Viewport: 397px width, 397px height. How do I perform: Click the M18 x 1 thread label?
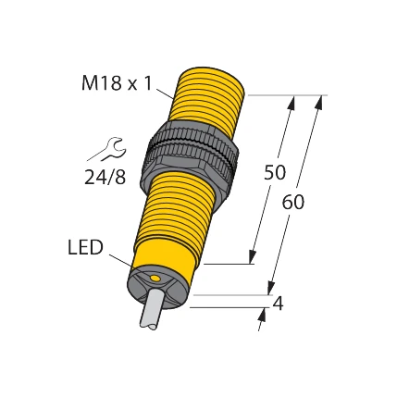116,83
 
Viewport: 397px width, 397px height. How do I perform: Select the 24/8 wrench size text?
105,177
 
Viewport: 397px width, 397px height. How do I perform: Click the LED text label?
85,247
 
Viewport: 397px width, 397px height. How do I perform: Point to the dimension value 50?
275,172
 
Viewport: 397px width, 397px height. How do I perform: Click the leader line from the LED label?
120,259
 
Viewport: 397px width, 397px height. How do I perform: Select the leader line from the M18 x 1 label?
164,91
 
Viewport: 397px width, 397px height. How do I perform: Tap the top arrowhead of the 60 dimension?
320,101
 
